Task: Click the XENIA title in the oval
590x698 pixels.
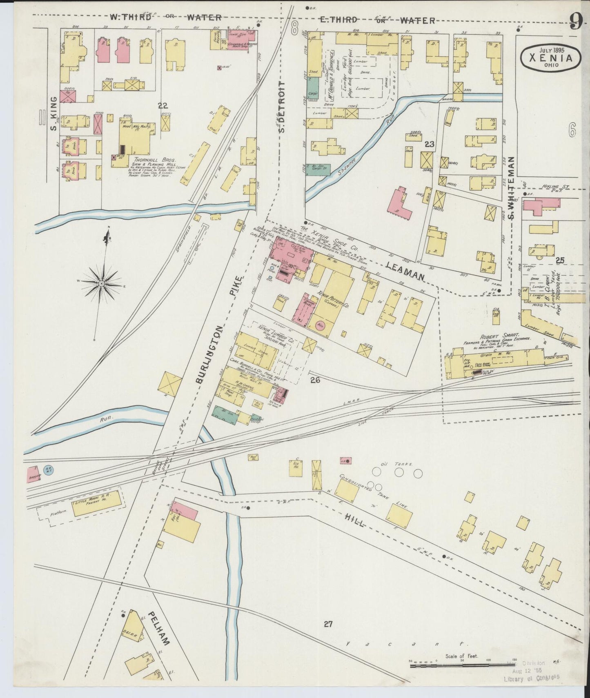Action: click(x=551, y=58)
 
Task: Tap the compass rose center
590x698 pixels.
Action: click(x=101, y=283)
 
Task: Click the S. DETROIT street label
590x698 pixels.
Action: click(x=281, y=106)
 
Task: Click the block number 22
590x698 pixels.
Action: click(x=163, y=105)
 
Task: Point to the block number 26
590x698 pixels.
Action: click(x=315, y=380)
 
